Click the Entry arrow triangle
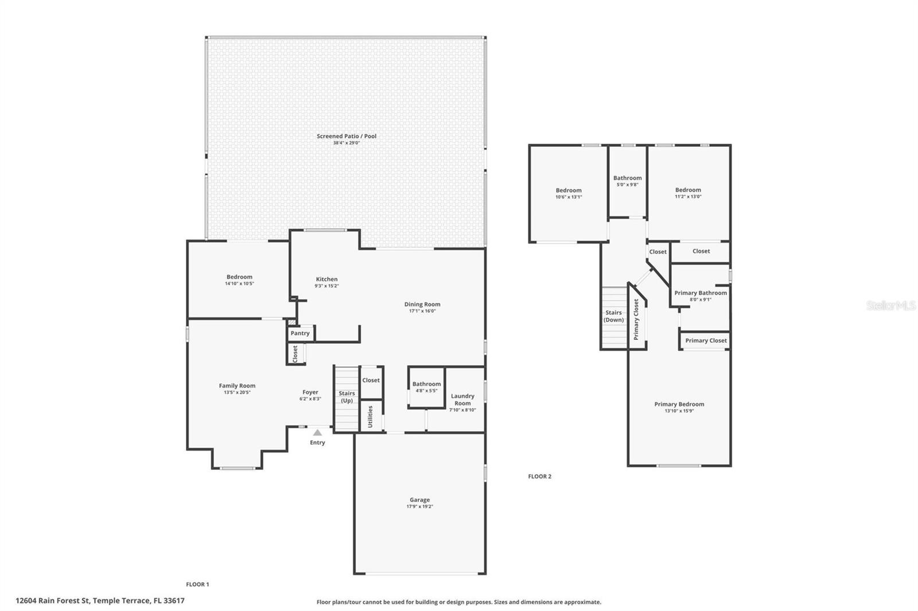tap(317, 433)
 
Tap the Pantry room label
tap(300, 333)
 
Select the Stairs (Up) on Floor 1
tap(347, 397)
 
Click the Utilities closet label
tap(370, 416)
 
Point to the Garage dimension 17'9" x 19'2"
tap(419, 507)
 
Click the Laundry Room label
tap(462, 399)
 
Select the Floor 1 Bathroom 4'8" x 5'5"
tap(426, 387)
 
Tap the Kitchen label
tap(326, 279)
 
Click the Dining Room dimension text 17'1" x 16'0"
tap(422, 311)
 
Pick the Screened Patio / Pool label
tap(347, 136)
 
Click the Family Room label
tap(237, 386)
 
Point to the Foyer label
tap(310, 392)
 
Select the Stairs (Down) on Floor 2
tap(613, 316)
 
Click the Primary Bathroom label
tap(701, 293)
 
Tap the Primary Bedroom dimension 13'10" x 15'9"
tap(679, 411)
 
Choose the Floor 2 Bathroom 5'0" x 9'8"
tap(627, 181)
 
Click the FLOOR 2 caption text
tap(539, 476)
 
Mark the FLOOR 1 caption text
tap(197, 584)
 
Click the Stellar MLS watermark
tap(890, 305)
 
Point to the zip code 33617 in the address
tap(174, 601)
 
